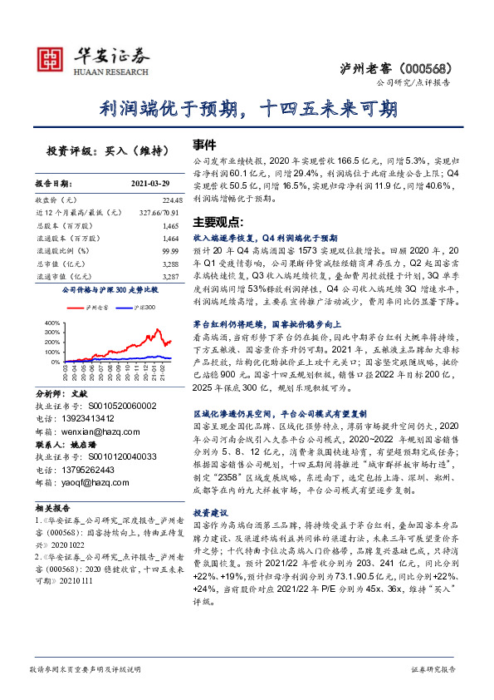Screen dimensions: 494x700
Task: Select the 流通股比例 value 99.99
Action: (x=171, y=249)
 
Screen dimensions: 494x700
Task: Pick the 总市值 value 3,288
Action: (x=169, y=262)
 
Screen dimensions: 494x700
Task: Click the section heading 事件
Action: (x=204, y=144)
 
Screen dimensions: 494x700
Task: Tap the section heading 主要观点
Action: (x=215, y=223)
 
